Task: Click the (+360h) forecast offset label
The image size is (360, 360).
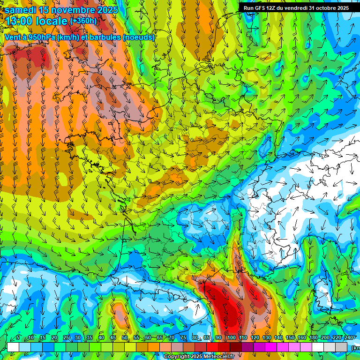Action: (x=83, y=21)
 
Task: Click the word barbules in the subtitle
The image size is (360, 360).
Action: (x=104, y=37)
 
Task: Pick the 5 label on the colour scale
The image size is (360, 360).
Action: (x=18, y=338)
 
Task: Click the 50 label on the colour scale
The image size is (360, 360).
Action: (x=125, y=338)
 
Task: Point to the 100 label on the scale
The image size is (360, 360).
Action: (x=231, y=338)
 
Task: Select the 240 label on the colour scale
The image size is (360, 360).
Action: (x=349, y=338)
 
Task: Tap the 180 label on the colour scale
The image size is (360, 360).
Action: (x=314, y=338)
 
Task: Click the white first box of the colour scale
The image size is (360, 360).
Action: (x=13, y=347)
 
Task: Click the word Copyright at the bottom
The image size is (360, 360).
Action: (x=177, y=357)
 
